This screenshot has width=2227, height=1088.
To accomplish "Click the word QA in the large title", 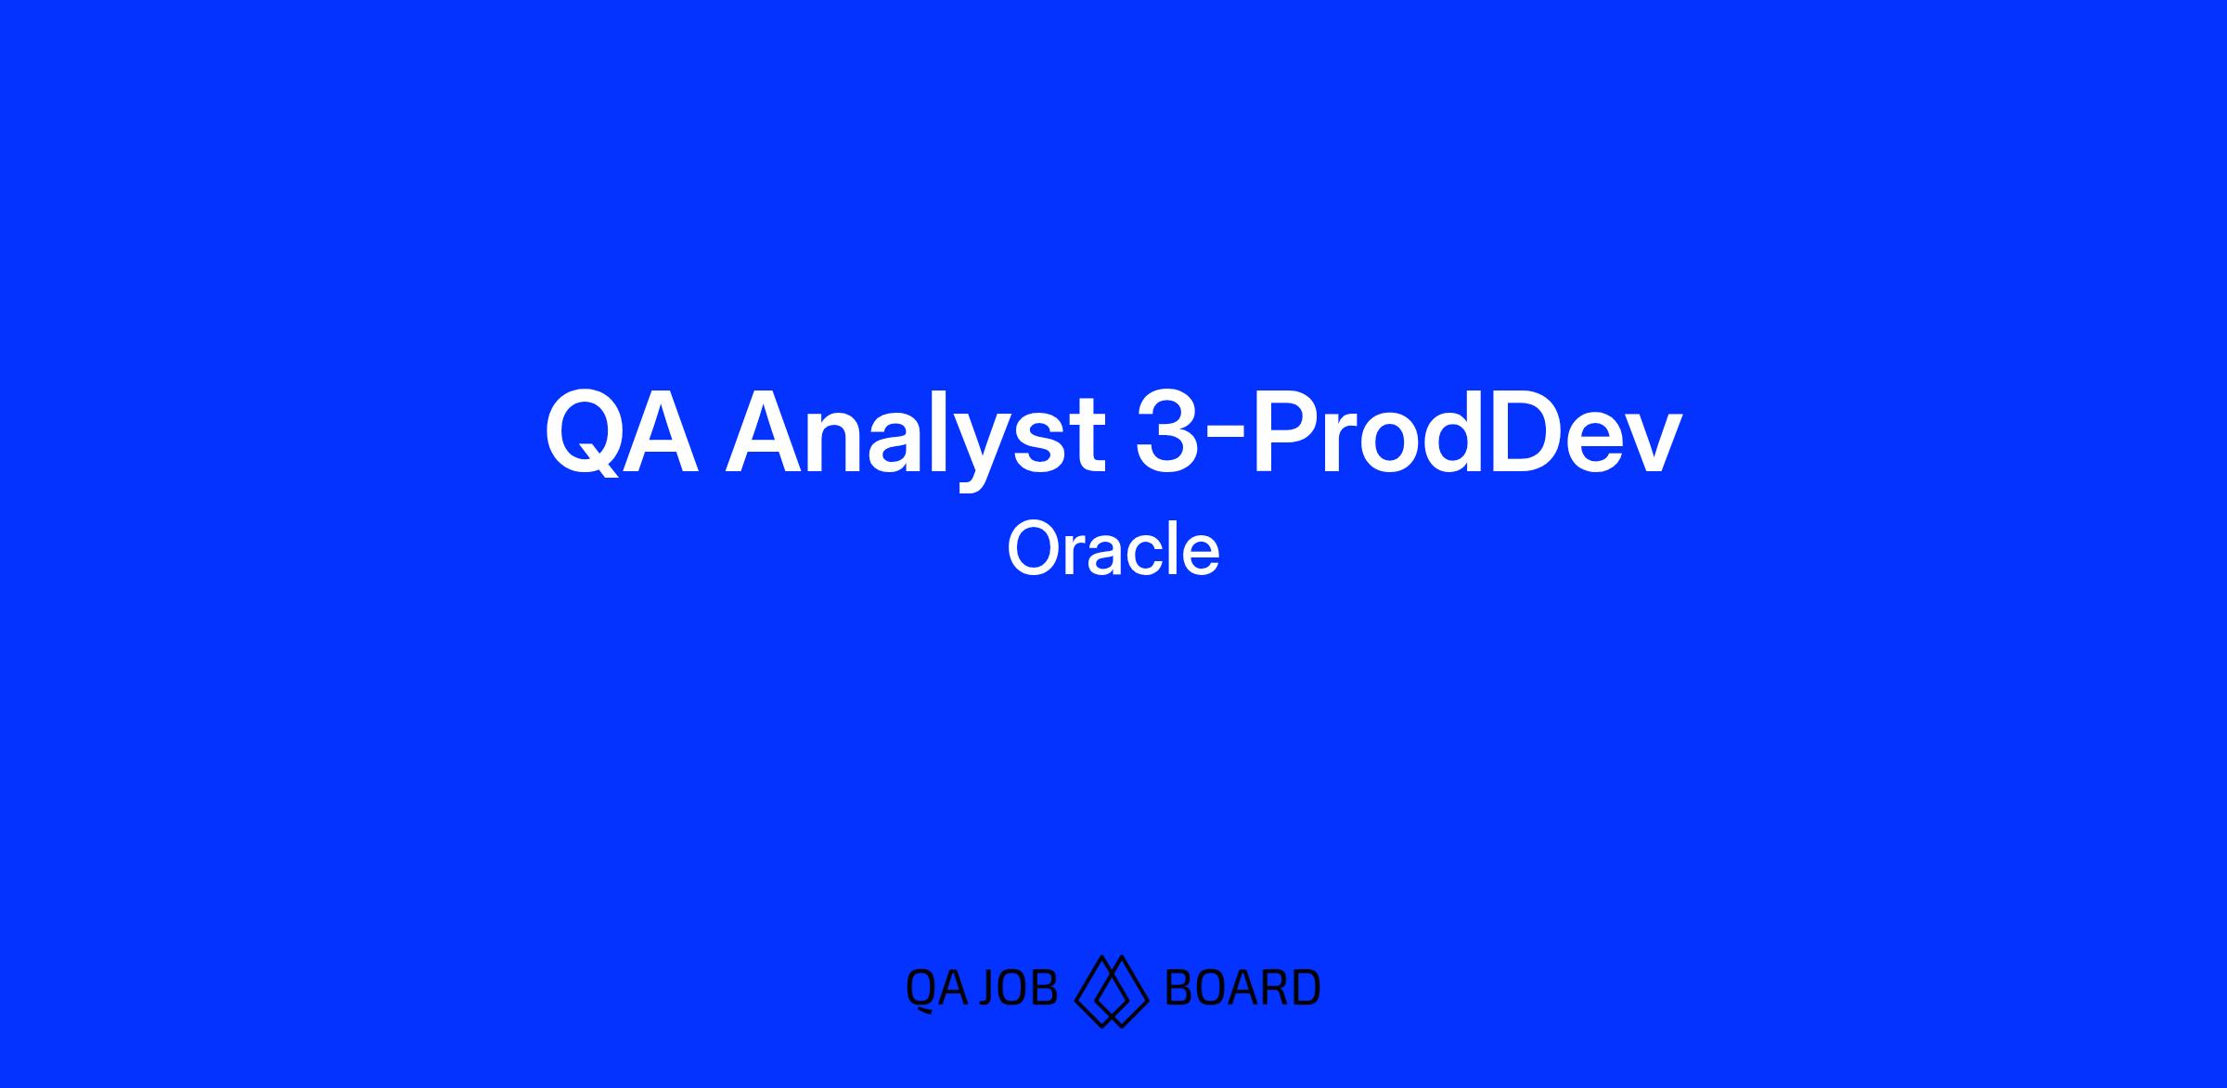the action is click(621, 433).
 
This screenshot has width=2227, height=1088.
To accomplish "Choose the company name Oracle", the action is click(1113, 548).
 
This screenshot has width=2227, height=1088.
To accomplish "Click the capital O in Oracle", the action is click(1034, 548).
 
